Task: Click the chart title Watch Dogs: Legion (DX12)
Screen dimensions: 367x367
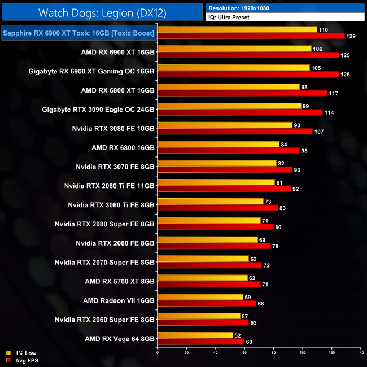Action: click(102, 11)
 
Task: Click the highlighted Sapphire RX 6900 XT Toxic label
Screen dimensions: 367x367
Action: click(78, 33)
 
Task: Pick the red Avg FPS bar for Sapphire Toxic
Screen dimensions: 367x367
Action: click(251, 36)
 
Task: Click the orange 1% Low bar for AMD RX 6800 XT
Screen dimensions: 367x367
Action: click(228, 86)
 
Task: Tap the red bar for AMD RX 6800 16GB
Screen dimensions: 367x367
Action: click(228, 151)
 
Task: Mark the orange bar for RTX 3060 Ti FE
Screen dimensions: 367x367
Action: click(210, 202)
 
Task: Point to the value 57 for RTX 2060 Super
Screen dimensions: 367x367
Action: click(244, 316)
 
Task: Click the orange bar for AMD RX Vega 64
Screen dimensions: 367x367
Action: click(195, 335)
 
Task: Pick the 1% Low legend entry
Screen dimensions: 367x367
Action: click(24, 353)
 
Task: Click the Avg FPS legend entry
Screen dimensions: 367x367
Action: click(25, 360)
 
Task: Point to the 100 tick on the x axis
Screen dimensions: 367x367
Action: click(302, 353)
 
